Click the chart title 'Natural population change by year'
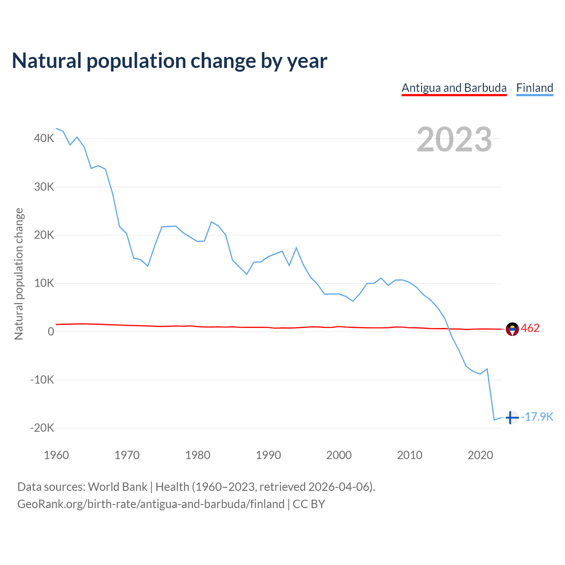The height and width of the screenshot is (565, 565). [169, 61]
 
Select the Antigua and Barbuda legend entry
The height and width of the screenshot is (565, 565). [454, 88]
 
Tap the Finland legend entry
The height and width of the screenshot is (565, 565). [535, 88]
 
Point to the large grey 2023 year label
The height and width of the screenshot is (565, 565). [454, 139]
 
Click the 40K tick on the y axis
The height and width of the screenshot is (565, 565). [44, 139]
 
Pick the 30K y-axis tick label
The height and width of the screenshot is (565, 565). [44, 187]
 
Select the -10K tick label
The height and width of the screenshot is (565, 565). [42, 380]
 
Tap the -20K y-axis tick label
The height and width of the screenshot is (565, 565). [42, 428]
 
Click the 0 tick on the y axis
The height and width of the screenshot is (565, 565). [51, 331]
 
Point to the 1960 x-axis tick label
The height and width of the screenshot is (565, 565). [56, 455]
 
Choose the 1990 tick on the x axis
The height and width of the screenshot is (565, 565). [268, 455]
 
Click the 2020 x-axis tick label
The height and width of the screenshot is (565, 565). [480, 455]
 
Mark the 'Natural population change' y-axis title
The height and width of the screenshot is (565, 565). [19, 274]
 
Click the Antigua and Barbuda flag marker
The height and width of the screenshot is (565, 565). [512, 329]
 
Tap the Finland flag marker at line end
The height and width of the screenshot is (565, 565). [512, 417]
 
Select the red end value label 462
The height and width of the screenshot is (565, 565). [530, 328]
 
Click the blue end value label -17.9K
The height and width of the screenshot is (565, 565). [537, 417]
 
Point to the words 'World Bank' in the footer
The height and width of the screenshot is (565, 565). [117, 487]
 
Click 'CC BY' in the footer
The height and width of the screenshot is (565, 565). [309, 504]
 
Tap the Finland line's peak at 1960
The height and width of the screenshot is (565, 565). [56, 128]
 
